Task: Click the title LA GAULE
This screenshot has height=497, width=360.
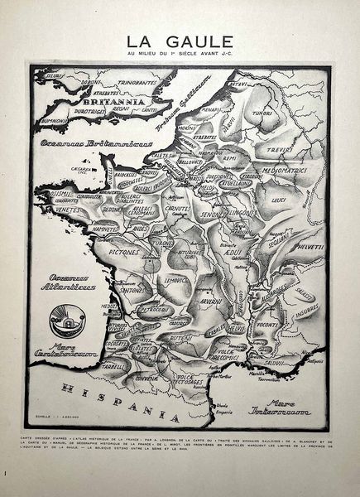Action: coord(179,41)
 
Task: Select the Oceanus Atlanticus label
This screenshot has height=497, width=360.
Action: coord(72,282)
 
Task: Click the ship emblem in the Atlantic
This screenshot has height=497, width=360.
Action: coord(64,318)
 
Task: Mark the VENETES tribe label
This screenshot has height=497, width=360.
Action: coord(59,212)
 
